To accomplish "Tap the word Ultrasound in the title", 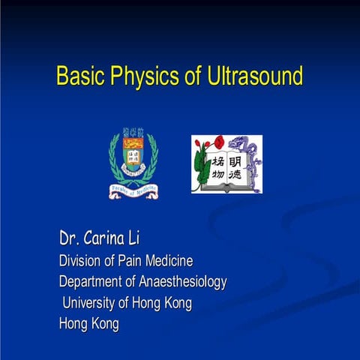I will click(x=251, y=77).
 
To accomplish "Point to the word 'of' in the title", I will click(x=184, y=77).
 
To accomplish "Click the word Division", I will click(x=82, y=261).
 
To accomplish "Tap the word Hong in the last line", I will click(x=74, y=325).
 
